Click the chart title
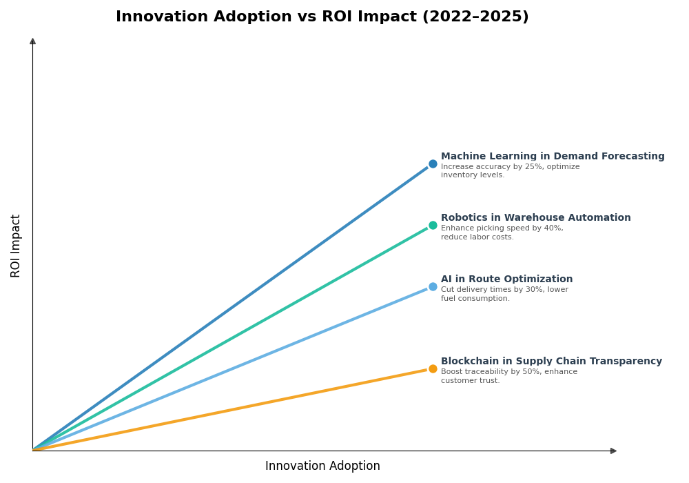coord(322,17)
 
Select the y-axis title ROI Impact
coord(16,246)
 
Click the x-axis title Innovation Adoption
coord(322,466)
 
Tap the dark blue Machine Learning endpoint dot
coord(433,164)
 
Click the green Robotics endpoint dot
coord(433,225)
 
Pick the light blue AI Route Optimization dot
coord(433,286)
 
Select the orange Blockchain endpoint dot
coord(433,368)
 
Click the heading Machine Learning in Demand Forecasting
coord(553,157)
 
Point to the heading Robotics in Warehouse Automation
coord(535,218)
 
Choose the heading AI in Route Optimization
coord(506,279)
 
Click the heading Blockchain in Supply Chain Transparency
coord(551,362)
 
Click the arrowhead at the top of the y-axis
coord(32,41)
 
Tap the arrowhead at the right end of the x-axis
coord(613,451)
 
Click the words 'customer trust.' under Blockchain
coord(470,381)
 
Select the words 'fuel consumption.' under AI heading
coord(475,299)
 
